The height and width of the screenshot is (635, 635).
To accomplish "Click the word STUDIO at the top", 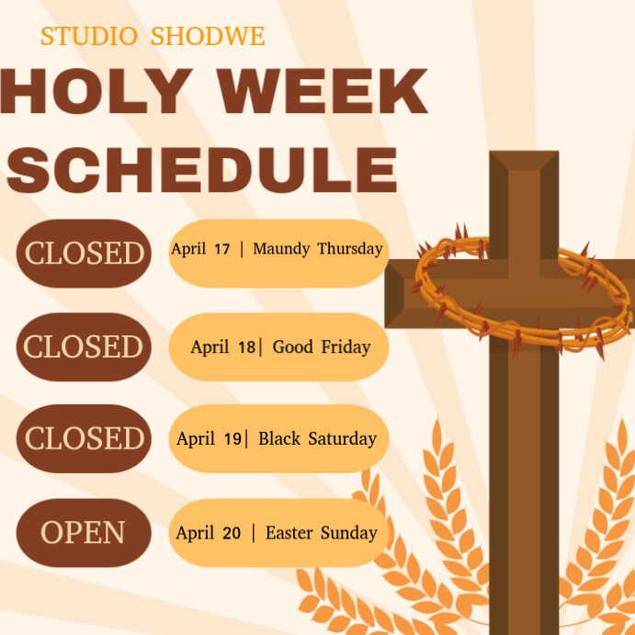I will pos(88,37).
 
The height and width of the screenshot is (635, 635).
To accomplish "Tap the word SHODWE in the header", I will pos(208,37).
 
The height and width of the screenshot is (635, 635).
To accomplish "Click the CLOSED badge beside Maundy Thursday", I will pos(84,253).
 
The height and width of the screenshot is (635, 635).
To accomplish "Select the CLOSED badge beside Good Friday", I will pos(84,346).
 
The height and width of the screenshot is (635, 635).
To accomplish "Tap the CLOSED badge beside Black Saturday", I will pos(84,438).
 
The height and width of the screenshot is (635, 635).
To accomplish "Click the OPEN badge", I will pos(84,532).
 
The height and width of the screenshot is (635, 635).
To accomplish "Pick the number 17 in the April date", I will pos(221,249).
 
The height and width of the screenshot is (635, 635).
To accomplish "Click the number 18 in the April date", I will pos(246,347).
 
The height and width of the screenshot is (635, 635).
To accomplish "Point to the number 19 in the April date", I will pos(232,439).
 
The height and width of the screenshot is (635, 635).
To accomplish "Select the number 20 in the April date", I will pos(232,533).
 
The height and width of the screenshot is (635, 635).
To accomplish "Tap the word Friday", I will pos(346,347).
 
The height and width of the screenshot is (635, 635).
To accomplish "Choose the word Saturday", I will pos(342,439).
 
